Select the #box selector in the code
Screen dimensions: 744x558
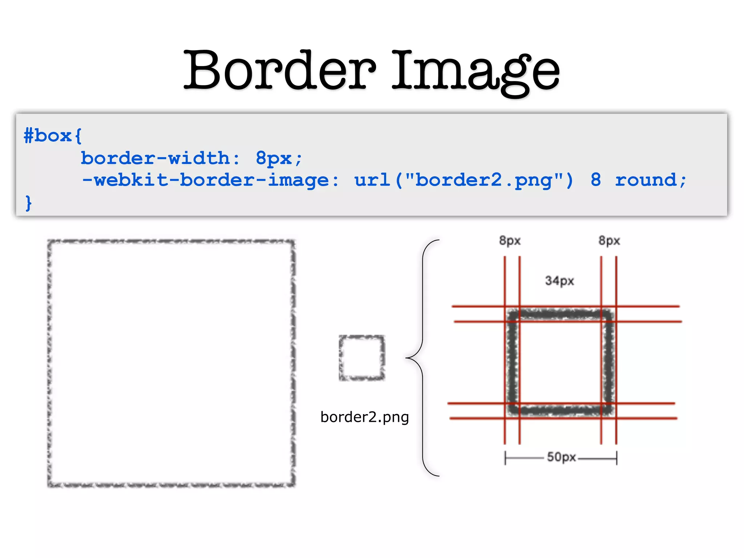tap(47, 136)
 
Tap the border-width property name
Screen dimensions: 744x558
tap(155, 158)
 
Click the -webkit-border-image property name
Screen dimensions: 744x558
tap(205, 180)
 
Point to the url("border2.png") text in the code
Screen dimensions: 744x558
tap(464, 180)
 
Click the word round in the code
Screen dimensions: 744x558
tap(646, 180)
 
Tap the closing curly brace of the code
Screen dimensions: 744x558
tap(29, 203)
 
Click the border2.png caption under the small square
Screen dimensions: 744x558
tap(364, 417)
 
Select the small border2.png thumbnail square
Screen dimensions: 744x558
tap(362, 358)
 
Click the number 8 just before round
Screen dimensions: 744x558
tap(596, 180)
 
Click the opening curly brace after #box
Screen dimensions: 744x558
tap(78, 136)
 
